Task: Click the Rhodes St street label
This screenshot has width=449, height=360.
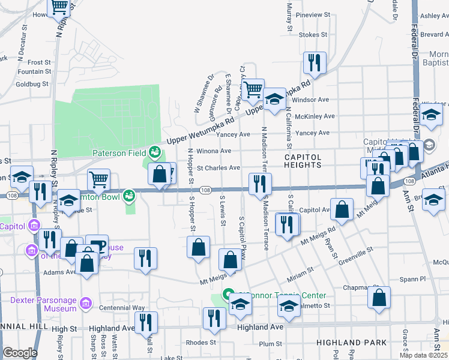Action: click(200, 343)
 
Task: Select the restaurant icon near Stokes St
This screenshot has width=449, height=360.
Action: click(314, 62)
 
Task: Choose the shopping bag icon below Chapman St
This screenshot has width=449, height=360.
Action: click(379, 298)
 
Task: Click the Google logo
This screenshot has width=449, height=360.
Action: click(20, 353)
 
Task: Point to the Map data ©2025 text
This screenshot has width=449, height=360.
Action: click(423, 355)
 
